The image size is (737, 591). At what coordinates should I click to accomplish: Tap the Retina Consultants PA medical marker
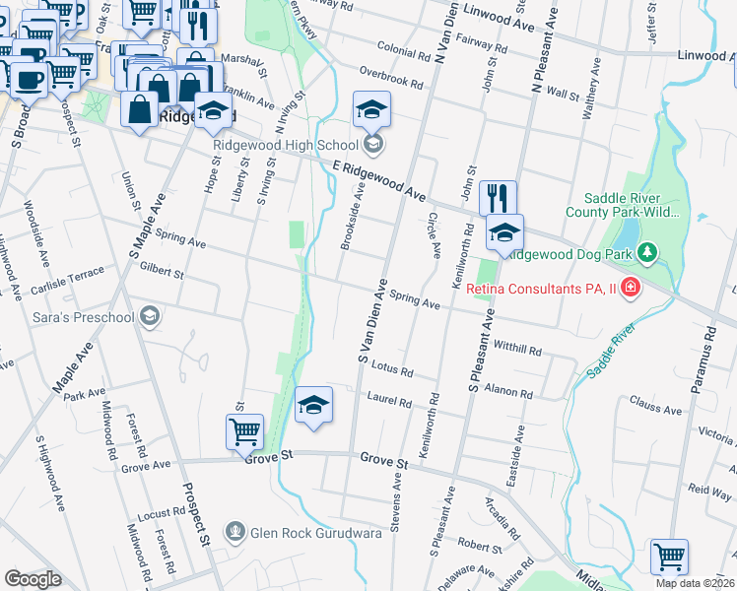(x=631, y=290)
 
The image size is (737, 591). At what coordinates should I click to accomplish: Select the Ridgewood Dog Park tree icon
(x=647, y=254)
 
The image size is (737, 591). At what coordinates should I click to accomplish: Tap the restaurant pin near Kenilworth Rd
(x=499, y=197)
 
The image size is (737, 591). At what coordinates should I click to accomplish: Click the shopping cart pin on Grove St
(x=244, y=430)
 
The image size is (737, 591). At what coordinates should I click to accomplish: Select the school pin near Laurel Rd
(x=313, y=405)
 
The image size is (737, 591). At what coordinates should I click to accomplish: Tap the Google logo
(x=33, y=578)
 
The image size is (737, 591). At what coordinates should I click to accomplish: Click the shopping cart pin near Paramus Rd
(x=670, y=556)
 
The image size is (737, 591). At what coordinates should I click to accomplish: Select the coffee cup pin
(x=27, y=80)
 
